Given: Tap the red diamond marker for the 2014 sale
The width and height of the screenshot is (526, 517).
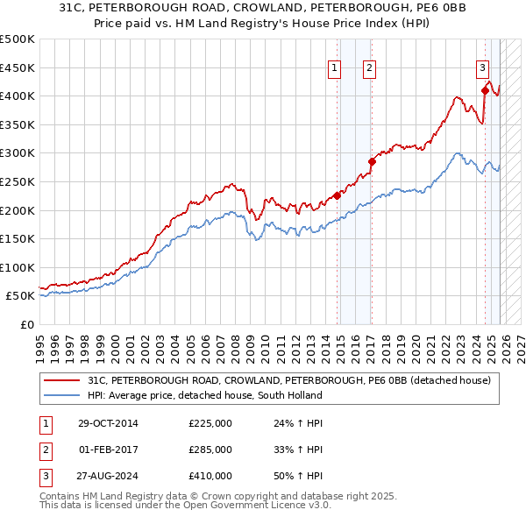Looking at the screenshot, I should point(338,195).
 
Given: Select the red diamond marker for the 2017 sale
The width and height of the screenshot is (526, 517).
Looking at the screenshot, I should point(372,161).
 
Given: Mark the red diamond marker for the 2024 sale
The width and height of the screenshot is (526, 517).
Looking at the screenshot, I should point(485,89).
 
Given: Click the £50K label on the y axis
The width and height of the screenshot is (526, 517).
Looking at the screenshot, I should point(20,296).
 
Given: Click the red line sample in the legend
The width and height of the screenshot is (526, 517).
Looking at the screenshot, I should point(62,380).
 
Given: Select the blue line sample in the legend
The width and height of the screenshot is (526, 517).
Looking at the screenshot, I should point(62,395).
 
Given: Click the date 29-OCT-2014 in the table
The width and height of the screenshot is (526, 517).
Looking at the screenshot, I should point(108,423).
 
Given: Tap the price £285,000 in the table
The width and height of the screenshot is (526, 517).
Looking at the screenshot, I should point(210,450).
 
